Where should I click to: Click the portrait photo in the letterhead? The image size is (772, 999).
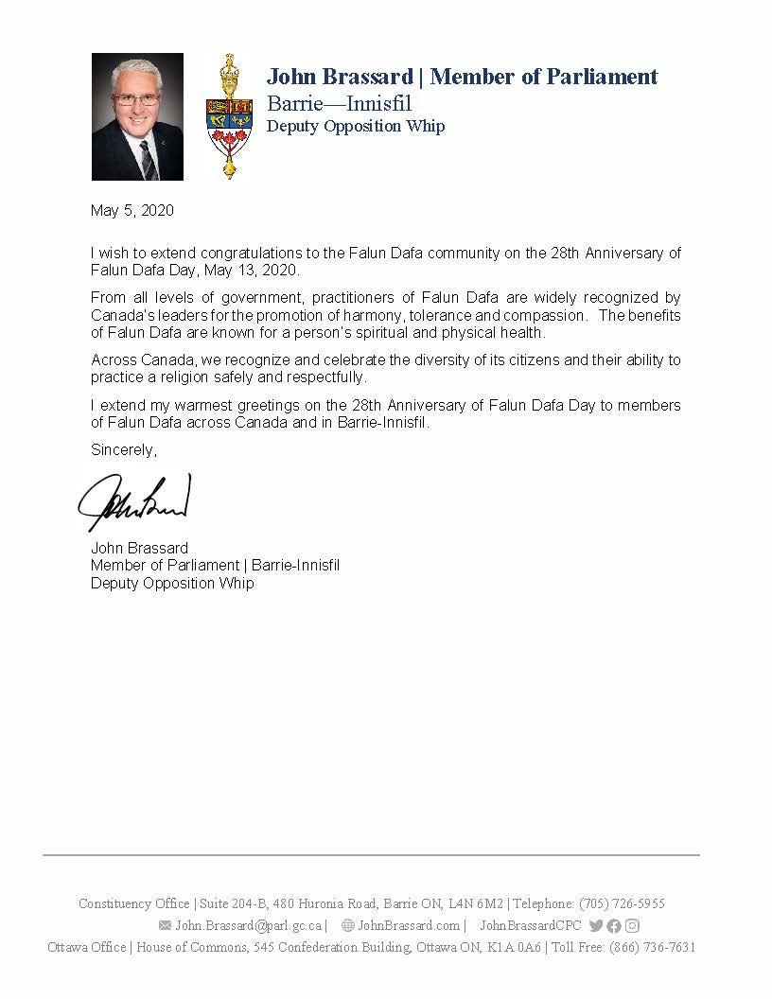137,116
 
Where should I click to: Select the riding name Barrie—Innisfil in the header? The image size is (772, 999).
339,103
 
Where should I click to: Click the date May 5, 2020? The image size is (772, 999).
132,211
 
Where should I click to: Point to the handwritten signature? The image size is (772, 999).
134,501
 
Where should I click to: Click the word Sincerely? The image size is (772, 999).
124,450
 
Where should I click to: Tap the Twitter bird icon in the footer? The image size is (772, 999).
596,926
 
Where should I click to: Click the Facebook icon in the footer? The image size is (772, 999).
614,926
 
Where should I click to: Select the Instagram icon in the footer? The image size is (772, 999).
632,926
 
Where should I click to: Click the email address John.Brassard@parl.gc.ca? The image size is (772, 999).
249,926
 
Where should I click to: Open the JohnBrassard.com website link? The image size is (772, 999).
409,926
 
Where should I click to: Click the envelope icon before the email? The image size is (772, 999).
166,926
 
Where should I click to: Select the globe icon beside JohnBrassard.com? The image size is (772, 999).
348,926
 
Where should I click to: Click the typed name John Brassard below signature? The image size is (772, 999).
139,548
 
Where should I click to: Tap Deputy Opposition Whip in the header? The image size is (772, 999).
356,126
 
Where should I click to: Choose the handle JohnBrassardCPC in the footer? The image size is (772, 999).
531,926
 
